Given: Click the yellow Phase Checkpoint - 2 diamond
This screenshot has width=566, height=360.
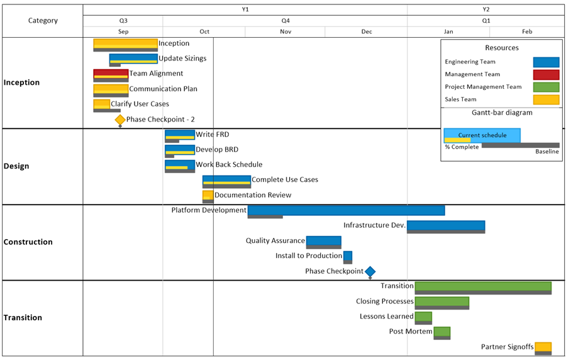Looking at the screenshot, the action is coord(120,120).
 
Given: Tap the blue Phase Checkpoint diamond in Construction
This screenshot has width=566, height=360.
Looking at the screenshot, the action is coord(370,271).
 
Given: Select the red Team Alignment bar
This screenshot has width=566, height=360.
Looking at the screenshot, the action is coord(111,74).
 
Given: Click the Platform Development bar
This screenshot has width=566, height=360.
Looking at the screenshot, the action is coord(346,210).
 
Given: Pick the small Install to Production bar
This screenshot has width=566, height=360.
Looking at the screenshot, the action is coord(348,256).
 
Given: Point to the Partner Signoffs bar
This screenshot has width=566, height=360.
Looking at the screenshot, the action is coord(543,347).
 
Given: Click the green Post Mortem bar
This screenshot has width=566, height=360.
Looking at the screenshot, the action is coord(442,332).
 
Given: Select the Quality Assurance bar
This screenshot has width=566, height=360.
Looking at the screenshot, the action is coord(323,240).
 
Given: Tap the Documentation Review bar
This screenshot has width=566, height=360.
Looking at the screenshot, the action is coord(208,195).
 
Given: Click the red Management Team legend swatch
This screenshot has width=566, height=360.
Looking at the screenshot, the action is coord(546,74).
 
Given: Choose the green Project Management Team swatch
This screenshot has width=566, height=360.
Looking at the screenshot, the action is coord(546,87).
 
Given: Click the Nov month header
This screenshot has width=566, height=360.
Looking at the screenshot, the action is coord(286,31).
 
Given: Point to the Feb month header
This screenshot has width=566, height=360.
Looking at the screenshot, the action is coord(527,31).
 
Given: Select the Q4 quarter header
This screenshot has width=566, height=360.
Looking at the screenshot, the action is coord(286,21).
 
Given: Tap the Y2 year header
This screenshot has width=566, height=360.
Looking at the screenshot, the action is coord(486,9).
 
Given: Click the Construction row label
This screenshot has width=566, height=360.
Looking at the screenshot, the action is coord(28,242).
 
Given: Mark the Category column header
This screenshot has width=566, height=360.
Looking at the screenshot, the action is coord(43,21).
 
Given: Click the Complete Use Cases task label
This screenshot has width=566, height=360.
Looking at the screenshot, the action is coord(285,180).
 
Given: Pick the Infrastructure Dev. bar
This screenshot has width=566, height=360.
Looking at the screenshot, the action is coord(446,225).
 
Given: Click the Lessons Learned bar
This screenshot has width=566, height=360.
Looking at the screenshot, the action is coord(423,317).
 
